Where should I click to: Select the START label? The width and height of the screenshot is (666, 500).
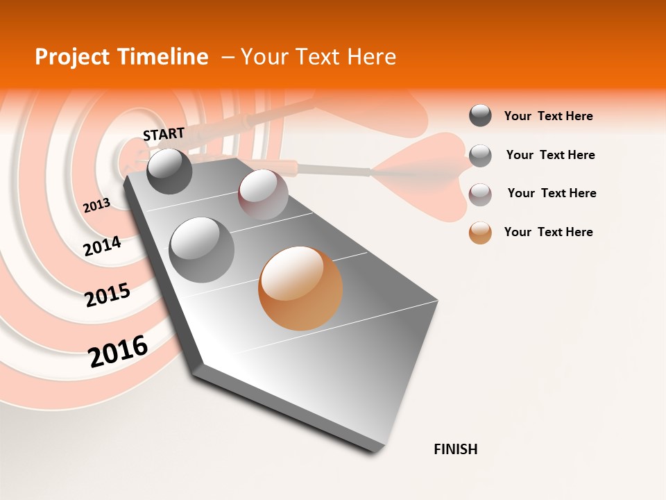(x=164, y=133)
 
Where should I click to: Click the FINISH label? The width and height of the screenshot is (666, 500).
(x=456, y=449)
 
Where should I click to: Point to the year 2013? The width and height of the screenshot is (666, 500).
(x=96, y=206)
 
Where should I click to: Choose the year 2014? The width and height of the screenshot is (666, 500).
(x=102, y=246)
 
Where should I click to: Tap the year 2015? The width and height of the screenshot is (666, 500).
(x=108, y=295)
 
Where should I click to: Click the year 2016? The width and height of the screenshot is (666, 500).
(x=118, y=351)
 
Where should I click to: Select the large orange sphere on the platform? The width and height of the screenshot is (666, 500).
(x=300, y=288)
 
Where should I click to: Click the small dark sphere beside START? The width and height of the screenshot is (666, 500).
(x=170, y=171)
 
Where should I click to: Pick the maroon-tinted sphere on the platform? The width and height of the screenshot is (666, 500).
(x=263, y=194)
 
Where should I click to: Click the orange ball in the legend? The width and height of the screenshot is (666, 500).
(x=480, y=233)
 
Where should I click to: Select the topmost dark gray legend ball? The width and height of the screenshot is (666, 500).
(x=480, y=115)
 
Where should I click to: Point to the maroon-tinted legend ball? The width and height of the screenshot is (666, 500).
(x=480, y=194)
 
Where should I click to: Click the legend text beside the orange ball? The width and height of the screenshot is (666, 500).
(x=548, y=232)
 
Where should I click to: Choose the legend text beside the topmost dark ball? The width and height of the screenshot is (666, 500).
(x=548, y=116)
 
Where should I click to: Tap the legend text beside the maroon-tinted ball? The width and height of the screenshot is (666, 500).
(x=552, y=193)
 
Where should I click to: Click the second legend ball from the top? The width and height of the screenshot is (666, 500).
(x=480, y=156)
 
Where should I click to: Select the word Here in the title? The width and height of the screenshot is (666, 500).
(x=371, y=57)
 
